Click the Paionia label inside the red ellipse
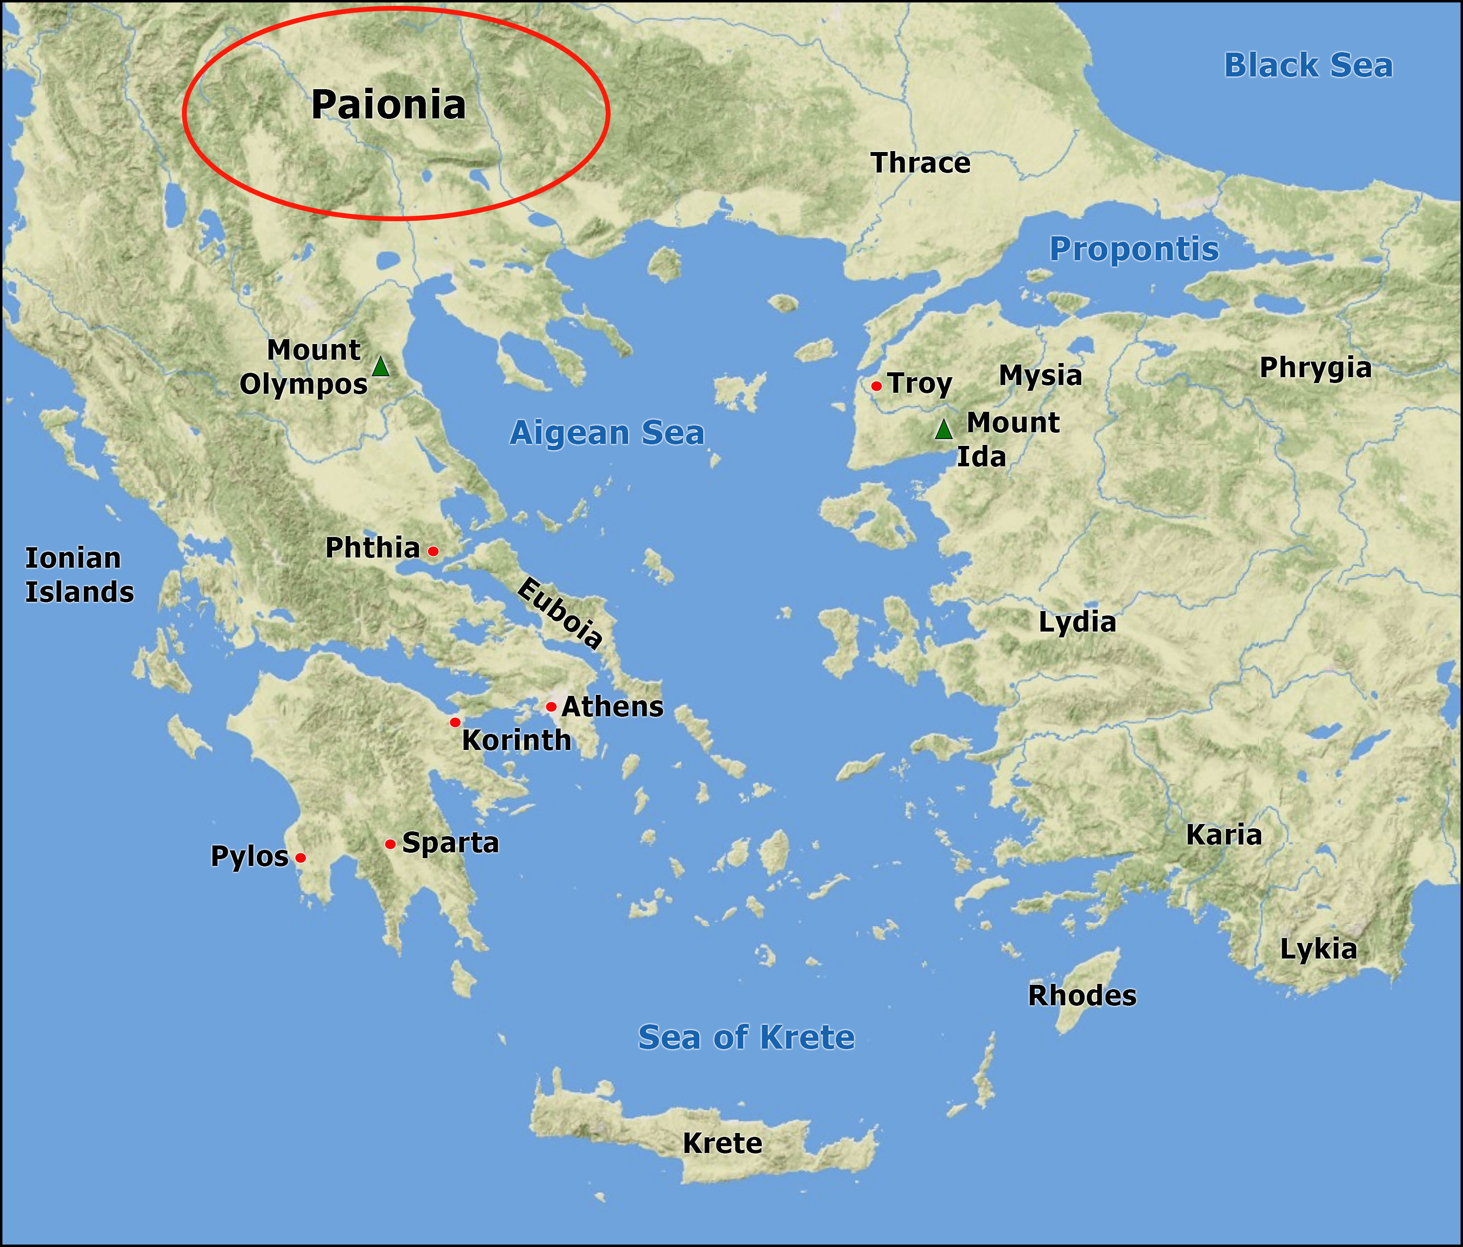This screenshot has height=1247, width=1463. [x=388, y=105]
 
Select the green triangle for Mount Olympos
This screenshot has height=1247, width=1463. [x=380, y=367]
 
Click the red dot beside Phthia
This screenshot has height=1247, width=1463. [x=434, y=551]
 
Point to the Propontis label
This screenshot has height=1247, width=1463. [x=1134, y=249]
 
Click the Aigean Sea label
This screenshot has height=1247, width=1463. [x=607, y=433]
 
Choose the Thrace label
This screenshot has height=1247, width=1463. [x=921, y=163]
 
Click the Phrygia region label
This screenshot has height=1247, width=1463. [x=1315, y=368]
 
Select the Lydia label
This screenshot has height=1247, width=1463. [x=1077, y=622]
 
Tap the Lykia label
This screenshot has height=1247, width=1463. [x=1318, y=949]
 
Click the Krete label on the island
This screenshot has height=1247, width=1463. [x=722, y=1143]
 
